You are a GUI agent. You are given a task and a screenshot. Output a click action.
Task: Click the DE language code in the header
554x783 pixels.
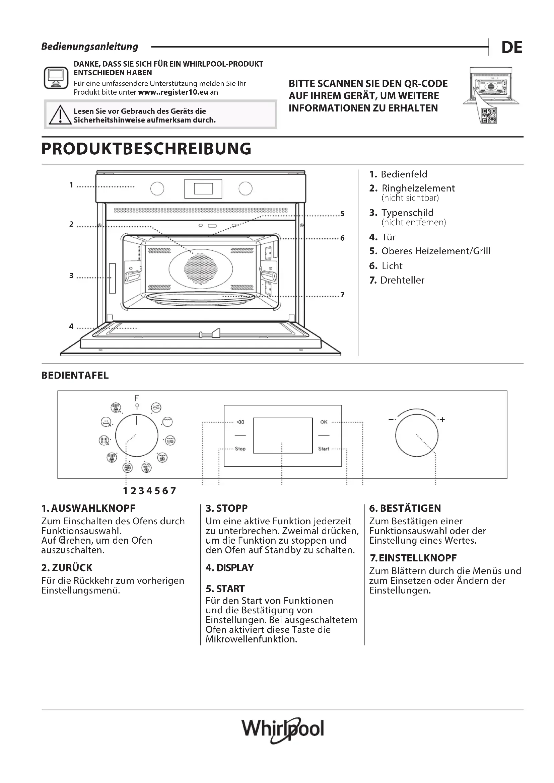pos(512,48)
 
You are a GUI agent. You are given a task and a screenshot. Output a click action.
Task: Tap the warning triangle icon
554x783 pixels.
pos(60,115)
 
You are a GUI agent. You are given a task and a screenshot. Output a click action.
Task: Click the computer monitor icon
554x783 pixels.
pos(56,78)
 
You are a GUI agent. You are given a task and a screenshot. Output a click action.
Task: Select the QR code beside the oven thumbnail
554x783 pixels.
pos(489,115)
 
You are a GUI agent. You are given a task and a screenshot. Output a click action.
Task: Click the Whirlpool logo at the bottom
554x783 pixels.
pos(282,729)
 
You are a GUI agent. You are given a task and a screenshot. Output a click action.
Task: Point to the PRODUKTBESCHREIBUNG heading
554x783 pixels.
pos(146,149)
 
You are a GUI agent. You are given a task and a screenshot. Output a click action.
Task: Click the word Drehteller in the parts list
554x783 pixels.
pos(402,280)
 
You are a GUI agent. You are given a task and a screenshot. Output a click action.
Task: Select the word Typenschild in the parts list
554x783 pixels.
pos(407,213)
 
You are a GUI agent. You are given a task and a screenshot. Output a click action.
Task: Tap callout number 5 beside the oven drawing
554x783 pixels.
pos(343,214)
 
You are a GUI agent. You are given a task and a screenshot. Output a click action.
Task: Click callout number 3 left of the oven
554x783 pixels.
pos(71,276)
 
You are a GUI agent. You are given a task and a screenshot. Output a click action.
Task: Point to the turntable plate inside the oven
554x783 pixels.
pos(201,297)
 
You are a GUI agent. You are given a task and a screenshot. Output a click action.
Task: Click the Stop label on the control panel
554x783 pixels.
pos(240,449)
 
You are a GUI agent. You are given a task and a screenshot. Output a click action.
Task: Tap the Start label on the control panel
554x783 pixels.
pos(324,449)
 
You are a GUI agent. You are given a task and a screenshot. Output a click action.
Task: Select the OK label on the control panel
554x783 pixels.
pos(324,422)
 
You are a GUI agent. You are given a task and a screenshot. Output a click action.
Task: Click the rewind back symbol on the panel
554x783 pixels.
pos(240,422)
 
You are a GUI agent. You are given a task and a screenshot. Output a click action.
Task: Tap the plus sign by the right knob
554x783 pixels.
pos(442,419)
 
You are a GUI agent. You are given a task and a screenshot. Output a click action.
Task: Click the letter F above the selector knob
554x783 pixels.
pos(137,398)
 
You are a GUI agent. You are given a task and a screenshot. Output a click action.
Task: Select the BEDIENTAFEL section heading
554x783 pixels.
pos(75,376)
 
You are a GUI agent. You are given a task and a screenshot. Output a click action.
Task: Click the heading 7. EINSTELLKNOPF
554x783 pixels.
pos(413,558)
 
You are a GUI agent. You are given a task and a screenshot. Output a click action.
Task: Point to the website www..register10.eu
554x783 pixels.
pos(173,92)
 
